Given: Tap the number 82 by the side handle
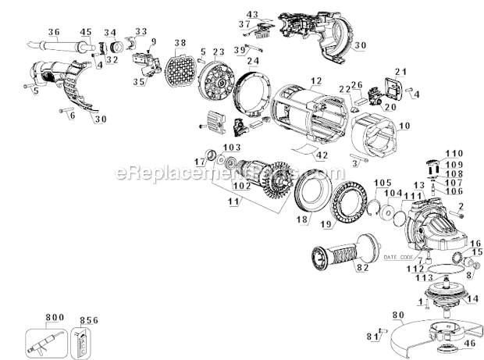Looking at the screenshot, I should click(361, 267).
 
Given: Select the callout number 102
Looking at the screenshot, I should click(240, 185).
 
